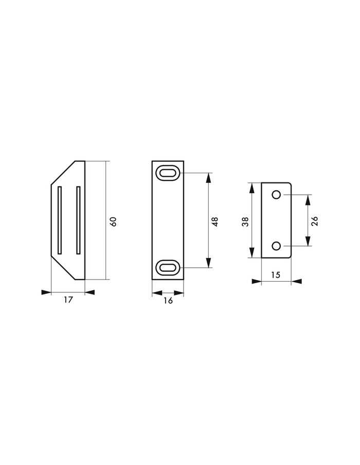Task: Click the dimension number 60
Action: [x=114, y=221]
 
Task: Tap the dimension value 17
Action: [x=68, y=300]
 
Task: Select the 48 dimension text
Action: [x=215, y=221]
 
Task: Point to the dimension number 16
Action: [x=168, y=301]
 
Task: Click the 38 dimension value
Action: [x=245, y=221]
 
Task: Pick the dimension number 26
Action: [x=315, y=221]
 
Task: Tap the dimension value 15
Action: [x=276, y=275]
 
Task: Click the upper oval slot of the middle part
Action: [x=168, y=173]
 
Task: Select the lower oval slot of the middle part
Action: [x=168, y=267]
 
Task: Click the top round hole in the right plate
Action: [x=276, y=195]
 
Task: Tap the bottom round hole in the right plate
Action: [x=276, y=246]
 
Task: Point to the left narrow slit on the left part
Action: [x=60, y=219]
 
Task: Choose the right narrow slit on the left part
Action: [x=78, y=219]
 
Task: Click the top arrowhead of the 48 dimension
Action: [x=208, y=177]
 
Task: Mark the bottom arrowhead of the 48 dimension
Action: [x=208, y=264]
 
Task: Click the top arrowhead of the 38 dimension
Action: [x=252, y=187]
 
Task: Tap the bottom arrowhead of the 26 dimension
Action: [x=308, y=243]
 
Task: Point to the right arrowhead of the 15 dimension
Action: [x=297, y=282]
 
